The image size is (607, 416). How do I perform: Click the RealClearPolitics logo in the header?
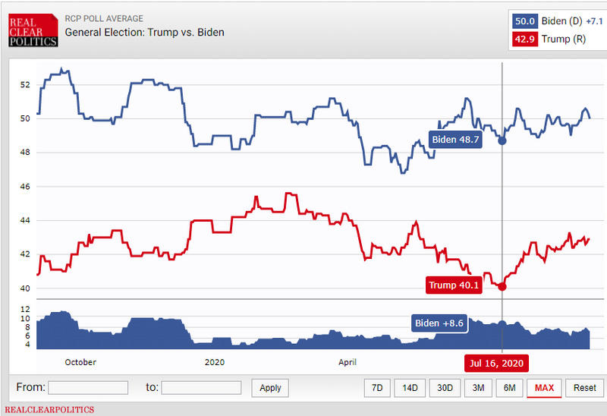(33, 30)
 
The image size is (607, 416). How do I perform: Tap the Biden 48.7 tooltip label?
(455, 140)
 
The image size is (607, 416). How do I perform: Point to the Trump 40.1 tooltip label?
(454, 285)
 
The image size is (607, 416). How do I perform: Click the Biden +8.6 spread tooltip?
(439, 323)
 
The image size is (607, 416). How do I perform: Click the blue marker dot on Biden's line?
(502, 140)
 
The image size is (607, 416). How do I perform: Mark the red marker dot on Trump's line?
(502, 286)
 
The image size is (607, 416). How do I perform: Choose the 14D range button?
(410, 387)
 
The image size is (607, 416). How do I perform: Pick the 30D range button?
(444, 387)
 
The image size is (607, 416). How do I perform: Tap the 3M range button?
(477, 387)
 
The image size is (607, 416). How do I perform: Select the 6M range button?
(509, 387)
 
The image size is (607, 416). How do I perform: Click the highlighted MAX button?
(544, 387)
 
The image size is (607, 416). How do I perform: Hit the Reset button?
(584, 387)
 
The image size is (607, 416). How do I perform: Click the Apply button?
(270, 387)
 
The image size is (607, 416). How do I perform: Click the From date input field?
(88, 387)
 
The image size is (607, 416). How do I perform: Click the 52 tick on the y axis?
(26, 84)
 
